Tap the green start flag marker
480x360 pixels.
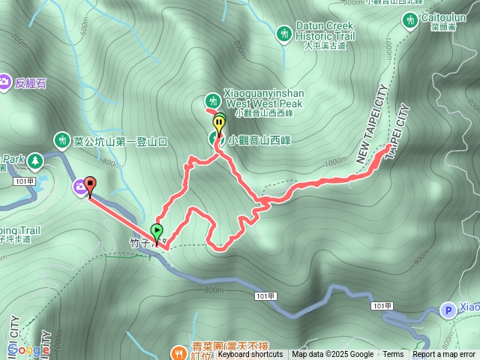[x=157, y=231]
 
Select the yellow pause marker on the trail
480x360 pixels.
[x=219, y=122]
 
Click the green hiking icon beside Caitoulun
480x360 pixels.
[x=411, y=21]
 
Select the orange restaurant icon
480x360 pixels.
[x=178, y=351]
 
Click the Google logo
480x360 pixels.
[x=27, y=350]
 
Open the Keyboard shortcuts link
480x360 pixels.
[x=250, y=355]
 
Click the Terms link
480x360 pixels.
[x=393, y=355]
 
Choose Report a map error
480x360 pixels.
[x=444, y=355]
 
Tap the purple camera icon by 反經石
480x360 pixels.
[x=5, y=81]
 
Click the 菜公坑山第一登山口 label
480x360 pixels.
[x=120, y=140]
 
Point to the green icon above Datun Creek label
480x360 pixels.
[x=283, y=33]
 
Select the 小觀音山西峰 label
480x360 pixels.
[x=259, y=139]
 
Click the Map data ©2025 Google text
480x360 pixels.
[x=332, y=355]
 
